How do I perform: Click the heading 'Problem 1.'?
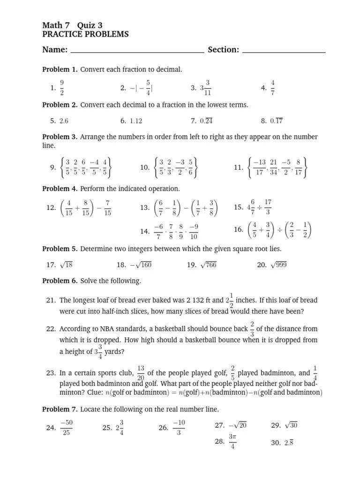click(x=60, y=69)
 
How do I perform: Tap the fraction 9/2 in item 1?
click(x=62, y=87)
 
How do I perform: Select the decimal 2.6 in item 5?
click(x=64, y=120)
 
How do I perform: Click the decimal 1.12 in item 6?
click(x=135, y=120)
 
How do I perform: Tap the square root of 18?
click(x=66, y=265)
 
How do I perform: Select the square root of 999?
click(x=278, y=265)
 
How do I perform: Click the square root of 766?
click(x=208, y=265)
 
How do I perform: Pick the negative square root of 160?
click(x=141, y=265)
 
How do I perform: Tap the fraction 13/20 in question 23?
click(x=141, y=373)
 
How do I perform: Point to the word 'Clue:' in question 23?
click(x=90, y=392)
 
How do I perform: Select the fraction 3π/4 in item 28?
click(x=232, y=441)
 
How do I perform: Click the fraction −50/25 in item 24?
click(x=66, y=427)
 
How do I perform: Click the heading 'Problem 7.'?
click(x=60, y=409)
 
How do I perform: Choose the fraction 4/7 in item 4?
click(x=272, y=87)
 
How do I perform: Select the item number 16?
click(x=238, y=229)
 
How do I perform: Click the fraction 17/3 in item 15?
click(x=268, y=207)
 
